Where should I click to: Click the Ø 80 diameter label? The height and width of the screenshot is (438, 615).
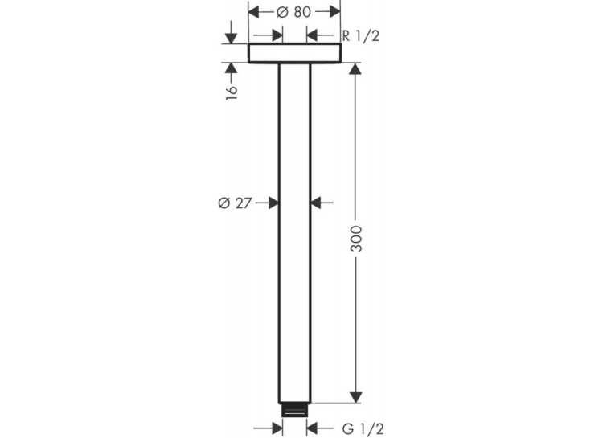point(293,12)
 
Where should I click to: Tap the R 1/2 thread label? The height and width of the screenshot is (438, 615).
point(361,36)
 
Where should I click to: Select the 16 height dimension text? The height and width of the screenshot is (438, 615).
point(232,92)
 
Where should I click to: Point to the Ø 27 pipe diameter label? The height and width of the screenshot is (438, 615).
point(235,203)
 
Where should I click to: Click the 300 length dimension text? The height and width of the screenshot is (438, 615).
point(356,239)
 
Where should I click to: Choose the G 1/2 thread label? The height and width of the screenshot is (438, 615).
point(363,428)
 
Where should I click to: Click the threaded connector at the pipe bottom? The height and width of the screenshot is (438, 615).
point(294,410)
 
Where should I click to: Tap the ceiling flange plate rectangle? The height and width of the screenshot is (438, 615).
point(294,53)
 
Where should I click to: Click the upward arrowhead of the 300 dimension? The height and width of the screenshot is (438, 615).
point(355,68)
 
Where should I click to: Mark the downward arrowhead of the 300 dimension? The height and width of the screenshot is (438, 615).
point(355,397)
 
